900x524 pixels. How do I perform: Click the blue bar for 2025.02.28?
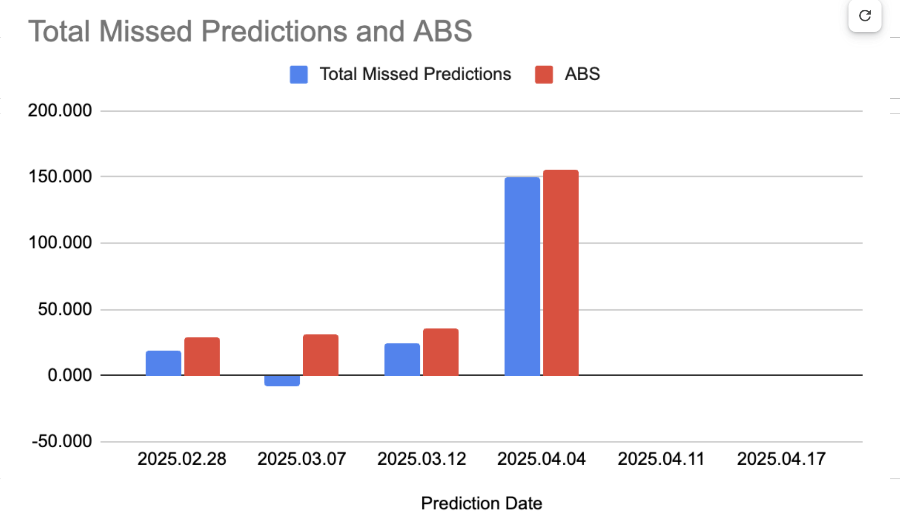coord(163,363)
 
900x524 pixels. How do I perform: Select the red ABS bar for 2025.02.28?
coord(202,356)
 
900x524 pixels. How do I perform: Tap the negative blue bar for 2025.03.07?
coord(282,381)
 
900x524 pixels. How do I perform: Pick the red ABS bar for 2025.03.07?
coord(321,355)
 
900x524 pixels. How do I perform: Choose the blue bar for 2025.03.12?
coord(402,359)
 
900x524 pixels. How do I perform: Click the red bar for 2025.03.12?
coord(441,352)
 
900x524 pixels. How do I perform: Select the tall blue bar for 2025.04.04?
coord(522,276)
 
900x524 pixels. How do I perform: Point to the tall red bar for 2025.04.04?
coord(561,273)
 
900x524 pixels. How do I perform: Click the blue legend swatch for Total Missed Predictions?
coord(299,74)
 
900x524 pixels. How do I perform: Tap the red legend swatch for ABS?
coord(544,74)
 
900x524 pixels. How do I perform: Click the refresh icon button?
coord(865,16)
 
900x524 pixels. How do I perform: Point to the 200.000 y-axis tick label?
coord(60,110)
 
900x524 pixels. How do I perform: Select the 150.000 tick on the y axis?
coord(60,176)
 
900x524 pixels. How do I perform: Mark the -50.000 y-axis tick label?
coord(62,441)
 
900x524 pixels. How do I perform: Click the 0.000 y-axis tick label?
coord(69,375)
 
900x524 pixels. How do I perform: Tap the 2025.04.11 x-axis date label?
coord(661,459)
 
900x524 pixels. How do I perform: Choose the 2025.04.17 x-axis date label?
coord(781,459)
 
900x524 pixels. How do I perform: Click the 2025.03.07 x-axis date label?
coord(302,459)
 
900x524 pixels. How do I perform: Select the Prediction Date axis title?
coord(482,504)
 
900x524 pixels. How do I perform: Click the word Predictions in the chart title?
coord(275,31)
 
